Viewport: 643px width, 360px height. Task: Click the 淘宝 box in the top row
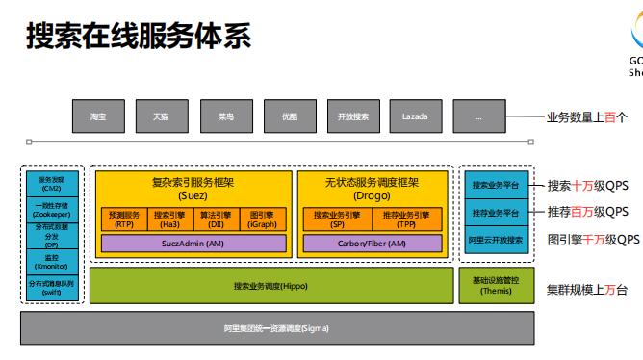click(x=97, y=116)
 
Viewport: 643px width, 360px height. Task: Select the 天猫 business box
click(x=161, y=116)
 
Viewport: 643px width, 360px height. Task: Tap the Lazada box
click(x=415, y=116)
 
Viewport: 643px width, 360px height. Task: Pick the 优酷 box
click(x=289, y=116)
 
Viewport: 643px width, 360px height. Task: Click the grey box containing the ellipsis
click(x=478, y=116)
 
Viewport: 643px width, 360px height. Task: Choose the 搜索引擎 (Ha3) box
click(x=170, y=219)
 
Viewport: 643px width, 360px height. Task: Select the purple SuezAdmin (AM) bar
click(x=193, y=244)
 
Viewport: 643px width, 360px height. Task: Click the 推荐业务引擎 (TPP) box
click(x=406, y=219)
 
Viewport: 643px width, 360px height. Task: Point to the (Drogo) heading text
click(x=372, y=194)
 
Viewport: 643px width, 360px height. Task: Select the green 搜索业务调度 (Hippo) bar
click(x=270, y=286)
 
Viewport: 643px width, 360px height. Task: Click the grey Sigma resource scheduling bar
click(x=276, y=328)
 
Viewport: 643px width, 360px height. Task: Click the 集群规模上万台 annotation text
click(x=587, y=290)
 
